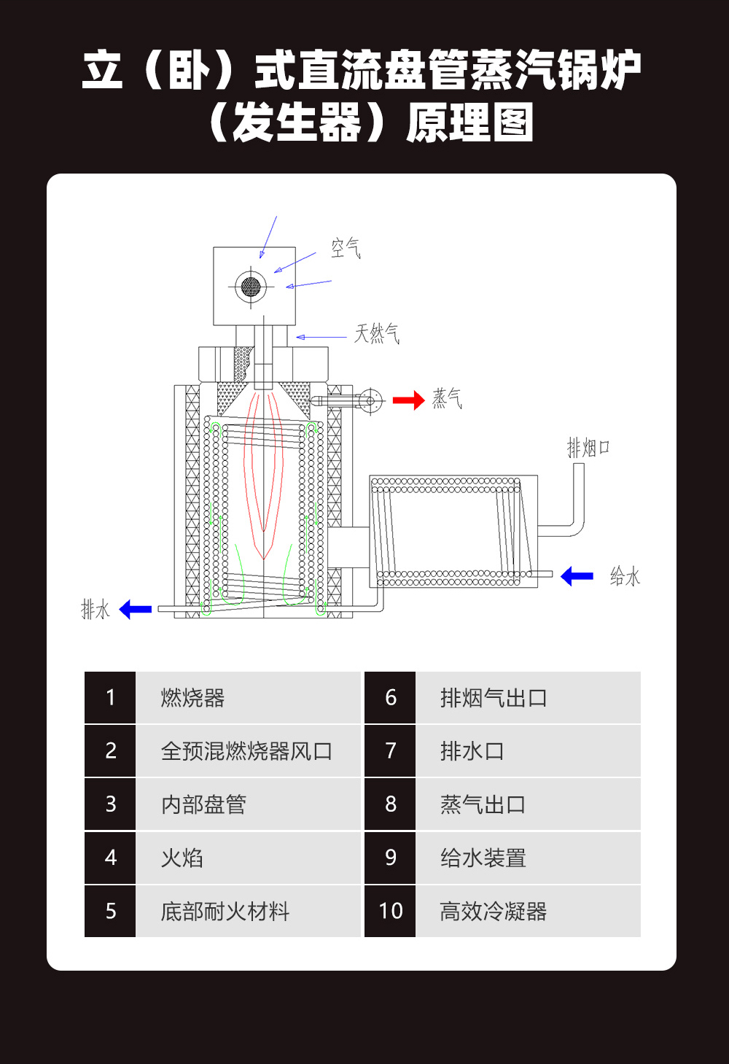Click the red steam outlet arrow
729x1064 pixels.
point(408,400)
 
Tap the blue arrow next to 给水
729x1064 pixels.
point(577,576)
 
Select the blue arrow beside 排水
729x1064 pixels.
point(135,609)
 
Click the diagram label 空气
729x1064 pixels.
point(346,248)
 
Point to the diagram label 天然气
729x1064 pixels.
point(377,334)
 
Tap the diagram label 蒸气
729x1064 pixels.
point(447,398)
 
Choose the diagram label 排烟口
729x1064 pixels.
point(588,447)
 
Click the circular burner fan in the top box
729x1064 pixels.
point(251,286)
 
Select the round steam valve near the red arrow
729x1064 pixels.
point(370,400)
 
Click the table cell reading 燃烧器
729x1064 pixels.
point(192,698)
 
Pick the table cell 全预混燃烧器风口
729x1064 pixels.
point(246,751)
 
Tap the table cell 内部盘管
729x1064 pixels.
point(203,804)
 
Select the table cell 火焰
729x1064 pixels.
point(182,858)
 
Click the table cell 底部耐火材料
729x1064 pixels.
point(225,911)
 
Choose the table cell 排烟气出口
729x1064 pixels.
point(494,698)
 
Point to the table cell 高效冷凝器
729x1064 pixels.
point(494,911)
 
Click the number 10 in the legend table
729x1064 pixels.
point(391,911)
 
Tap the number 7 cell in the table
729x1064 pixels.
point(391,751)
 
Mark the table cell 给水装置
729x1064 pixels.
point(483,858)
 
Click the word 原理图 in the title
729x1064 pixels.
point(469,123)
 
